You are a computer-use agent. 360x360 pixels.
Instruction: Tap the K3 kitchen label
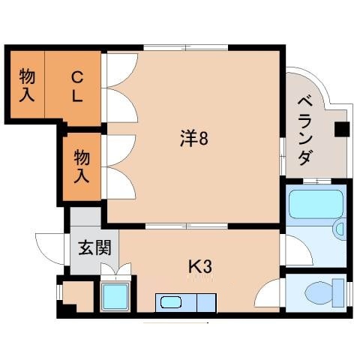point(201,265)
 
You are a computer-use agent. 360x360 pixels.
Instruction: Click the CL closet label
point(77,85)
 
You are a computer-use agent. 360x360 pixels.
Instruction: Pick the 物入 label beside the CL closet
point(28,85)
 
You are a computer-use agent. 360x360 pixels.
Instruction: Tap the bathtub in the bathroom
point(316,203)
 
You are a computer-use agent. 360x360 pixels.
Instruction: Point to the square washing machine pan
point(116,298)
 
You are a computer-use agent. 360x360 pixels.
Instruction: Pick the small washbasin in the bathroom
point(339,229)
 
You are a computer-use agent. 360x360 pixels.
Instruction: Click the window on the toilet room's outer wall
point(348,291)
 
